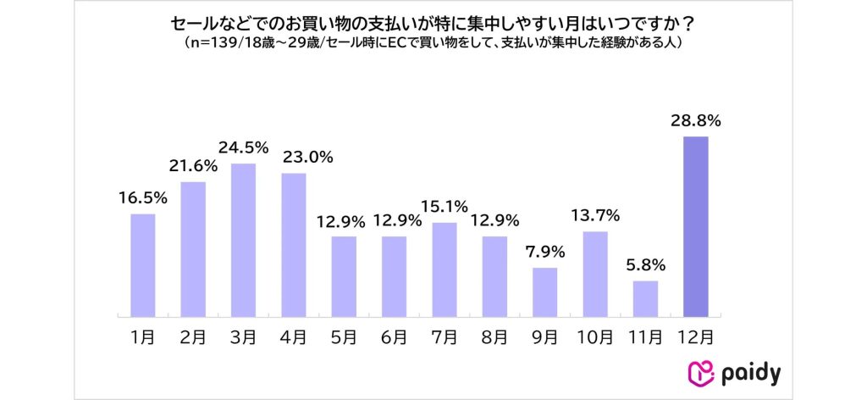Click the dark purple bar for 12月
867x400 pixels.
point(695,226)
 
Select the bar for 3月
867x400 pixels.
point(243,240)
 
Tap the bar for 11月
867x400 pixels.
point(645,298)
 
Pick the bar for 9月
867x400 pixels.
point(544,292)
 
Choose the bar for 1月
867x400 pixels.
point(143,265)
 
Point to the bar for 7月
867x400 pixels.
point(444,269)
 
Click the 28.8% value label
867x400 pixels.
point(696,121)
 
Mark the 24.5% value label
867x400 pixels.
point(243,147)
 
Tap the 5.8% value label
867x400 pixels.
point(645,265)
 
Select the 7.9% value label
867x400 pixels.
point(544,253)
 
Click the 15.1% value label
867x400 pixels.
point(444,208)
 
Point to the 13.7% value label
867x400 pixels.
point(595,216)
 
